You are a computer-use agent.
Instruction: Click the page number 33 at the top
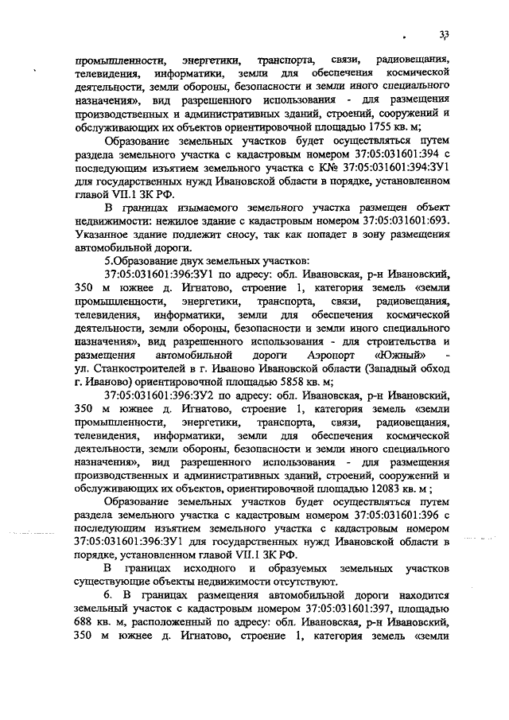coord(444,33)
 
